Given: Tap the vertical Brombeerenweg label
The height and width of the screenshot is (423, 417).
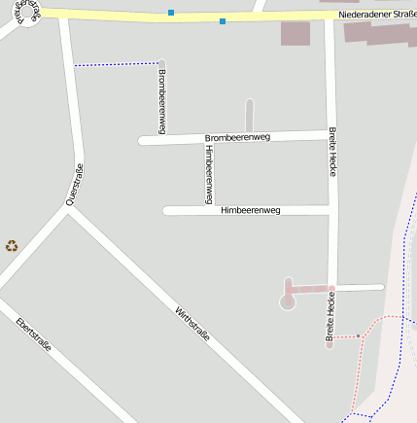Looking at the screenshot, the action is [x=161, y=101].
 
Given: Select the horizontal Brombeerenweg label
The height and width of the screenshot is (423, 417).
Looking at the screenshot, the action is [x=237, y=138].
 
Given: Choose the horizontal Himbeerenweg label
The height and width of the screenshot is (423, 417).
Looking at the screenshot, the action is [x=250, y=210].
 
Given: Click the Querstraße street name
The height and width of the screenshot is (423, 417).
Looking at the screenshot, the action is [x=74, y=185].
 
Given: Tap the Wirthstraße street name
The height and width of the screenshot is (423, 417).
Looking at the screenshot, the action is [x=192, y=325].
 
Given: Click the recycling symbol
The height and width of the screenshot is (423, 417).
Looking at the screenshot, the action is [x=12, y=246].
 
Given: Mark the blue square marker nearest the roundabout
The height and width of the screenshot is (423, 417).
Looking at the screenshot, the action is [x=171, y=13].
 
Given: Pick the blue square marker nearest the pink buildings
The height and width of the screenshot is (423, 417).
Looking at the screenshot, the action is [x=223, y=20].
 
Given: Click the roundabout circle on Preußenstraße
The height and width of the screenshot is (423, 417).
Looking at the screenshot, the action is [x=26, y=13].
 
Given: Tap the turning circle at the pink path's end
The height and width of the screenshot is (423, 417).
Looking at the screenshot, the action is [x=287, y=302].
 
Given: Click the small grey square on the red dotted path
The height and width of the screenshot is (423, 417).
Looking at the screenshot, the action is [x=358, y=336].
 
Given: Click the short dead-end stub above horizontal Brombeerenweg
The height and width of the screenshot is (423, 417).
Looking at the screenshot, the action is [x=249, y=115].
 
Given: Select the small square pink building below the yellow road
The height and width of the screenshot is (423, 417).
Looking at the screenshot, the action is [x=295, y=34].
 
